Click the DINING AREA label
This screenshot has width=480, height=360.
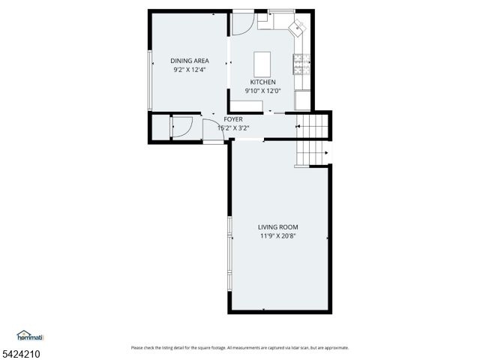(189, 61)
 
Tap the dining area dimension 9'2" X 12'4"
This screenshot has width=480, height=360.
(189, 70)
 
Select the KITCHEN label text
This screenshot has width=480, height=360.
(262, 82)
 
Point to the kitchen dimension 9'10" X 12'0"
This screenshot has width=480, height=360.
(262, 91)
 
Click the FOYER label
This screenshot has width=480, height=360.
(232, 119)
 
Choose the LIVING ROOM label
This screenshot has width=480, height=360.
(278, 226)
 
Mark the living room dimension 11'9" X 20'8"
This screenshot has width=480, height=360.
(278, 235)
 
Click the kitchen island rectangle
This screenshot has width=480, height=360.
(262, 61)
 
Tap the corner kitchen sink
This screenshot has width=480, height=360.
(298, 28)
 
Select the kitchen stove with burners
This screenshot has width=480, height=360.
(302, 66)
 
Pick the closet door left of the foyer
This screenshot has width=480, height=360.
(181, 127)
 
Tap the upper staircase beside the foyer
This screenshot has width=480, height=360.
(313, 127)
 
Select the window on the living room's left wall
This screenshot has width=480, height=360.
(229, 255)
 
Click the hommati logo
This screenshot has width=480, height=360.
(31, 335)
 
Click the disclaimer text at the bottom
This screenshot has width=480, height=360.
(239, 348)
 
